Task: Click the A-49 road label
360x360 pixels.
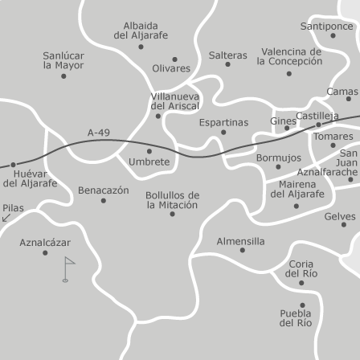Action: click(x=99, y=133)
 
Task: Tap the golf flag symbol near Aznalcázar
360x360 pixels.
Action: click(x=67, y=268)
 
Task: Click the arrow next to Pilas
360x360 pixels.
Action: click(x=6, y=218)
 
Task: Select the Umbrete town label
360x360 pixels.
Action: click(x=149, y=162)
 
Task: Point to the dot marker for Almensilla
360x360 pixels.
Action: click(x=242, y=250)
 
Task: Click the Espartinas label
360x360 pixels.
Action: click(x=223, y=122)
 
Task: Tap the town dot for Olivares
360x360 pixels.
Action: click(x=174, y=59)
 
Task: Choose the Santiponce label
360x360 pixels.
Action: click(x=327, y=26)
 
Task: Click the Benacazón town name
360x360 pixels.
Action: click(x=103, y=190)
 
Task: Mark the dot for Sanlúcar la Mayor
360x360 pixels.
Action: click(x=63, y=76)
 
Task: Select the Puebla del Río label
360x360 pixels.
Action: click(x=296, y=318)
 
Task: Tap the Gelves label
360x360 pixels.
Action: click(x=340, y=216)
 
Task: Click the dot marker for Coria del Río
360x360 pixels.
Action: click(x=301, y=283)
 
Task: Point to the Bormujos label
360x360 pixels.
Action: click(x=279, y=158)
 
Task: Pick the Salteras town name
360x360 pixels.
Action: click(x=228, y=55)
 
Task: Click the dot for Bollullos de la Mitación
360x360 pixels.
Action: click(x=172, y=214)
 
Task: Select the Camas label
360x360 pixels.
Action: click(x=342, y=92)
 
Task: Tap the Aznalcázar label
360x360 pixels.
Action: click(x=45, y=242)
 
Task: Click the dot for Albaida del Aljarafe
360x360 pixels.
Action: click(x=141, y=47)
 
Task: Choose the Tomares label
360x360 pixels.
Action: click(x=333, y=136)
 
